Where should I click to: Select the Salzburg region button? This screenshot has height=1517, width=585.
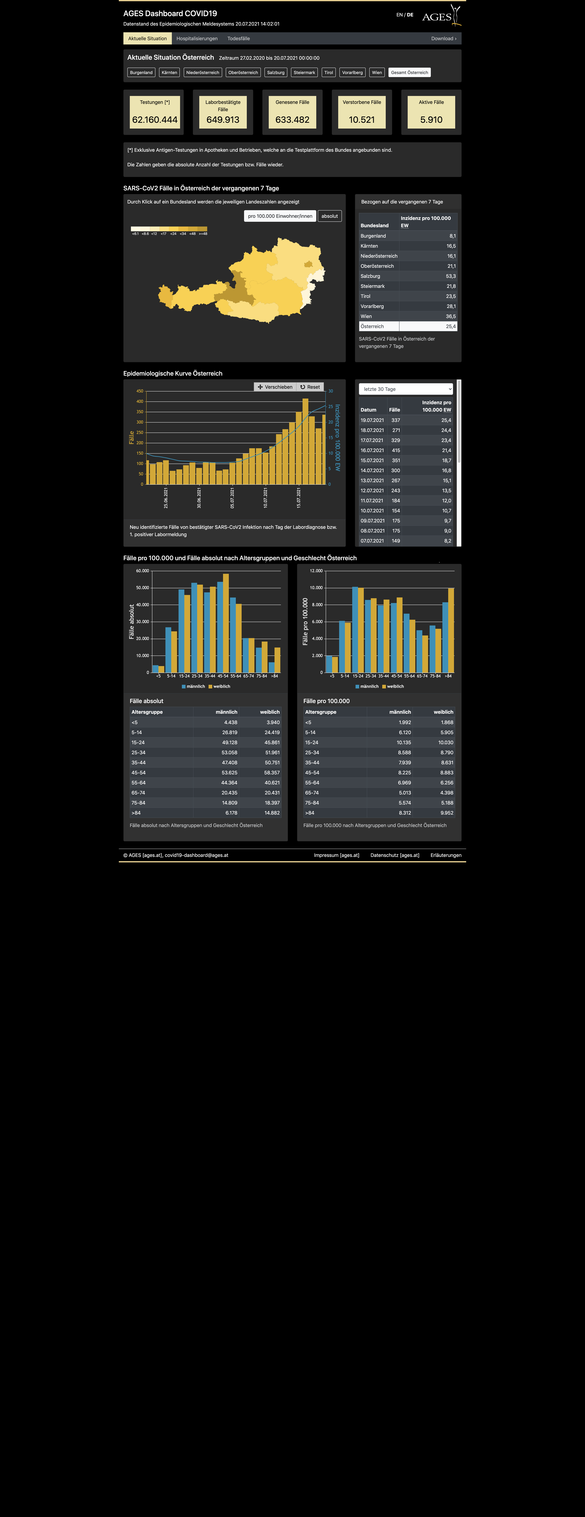point(276,72)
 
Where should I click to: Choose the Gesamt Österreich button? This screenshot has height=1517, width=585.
point(409,72)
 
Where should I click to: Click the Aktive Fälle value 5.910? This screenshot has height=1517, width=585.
point(431,120)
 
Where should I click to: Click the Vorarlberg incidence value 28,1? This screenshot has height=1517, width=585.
point(451,306)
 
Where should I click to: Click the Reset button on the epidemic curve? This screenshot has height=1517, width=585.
point(310,387)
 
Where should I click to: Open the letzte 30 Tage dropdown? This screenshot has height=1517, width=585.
point(406,389)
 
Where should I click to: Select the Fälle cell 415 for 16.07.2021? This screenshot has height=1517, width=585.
point(396,451)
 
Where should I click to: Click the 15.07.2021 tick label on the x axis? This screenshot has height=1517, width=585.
point(299,498)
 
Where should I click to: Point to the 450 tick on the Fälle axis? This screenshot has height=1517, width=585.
point(140,391)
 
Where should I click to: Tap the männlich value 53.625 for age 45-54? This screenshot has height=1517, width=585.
point(229,773)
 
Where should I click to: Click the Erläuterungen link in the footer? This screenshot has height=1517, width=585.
point(446,855)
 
